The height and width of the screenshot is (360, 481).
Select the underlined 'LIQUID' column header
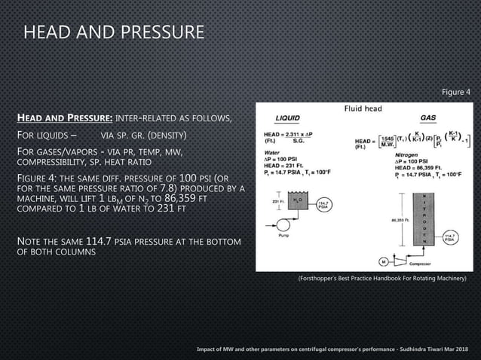287,118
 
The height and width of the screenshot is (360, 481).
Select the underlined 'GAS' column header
427,118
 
